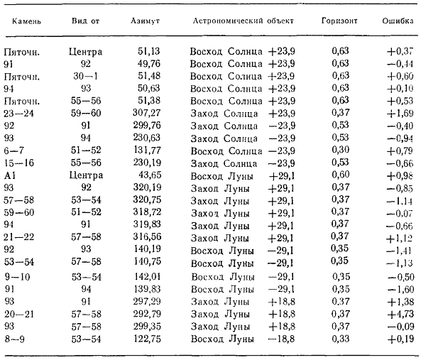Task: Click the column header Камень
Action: (x=26, y=21)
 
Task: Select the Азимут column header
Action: (x=145, y=21)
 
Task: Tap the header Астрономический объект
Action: (x=244, y=21)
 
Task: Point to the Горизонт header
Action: (x=339, y=21)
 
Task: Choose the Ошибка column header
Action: (x=398, y=21)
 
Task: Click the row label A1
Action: (x=10, y=175)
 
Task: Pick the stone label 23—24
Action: (x=18, y=114)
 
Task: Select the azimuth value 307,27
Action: (x=146, y=112)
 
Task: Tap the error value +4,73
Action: (x=400, y=314)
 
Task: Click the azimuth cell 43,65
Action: (x=150, y=175)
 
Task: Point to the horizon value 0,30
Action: (x=340, y=150)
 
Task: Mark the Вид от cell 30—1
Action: (x=86, y=76)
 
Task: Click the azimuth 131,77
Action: (x=147, y=150)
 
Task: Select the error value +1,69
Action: (x=400, y=113)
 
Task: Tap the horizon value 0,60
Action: (x=340, y=175)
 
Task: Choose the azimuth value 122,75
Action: (x=147, y=339)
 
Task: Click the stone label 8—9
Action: (x=14, y=339)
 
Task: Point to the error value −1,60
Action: (x=400, y=289)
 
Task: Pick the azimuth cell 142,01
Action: (x=147, y=276)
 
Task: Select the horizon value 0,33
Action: (x=341, y=338)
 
